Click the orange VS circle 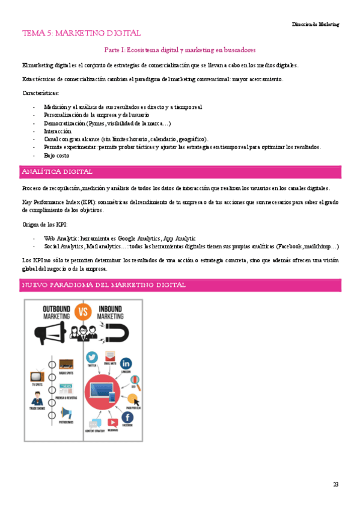tap(84, 312)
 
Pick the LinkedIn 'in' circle tap(126, 363)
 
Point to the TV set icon tap(37, 377)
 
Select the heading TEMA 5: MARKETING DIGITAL tap(81, 34)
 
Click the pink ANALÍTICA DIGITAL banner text tap(56, 171)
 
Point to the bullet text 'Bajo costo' tap(56, 155)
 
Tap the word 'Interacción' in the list tap(58, 131)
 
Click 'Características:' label tap(40, 93)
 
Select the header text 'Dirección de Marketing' tap(316, 24)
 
